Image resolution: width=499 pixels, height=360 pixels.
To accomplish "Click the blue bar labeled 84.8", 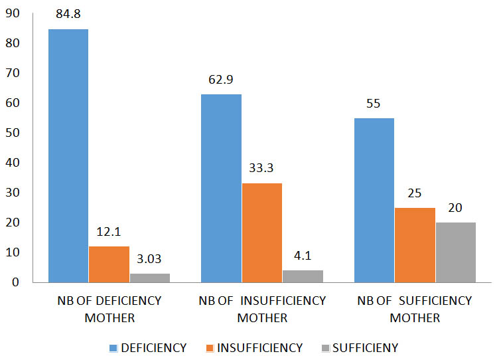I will (x=68, y=156).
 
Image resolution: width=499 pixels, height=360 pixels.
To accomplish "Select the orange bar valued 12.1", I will (x=109, y=264).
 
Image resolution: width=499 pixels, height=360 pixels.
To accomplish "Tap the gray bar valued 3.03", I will (x=150, y=278).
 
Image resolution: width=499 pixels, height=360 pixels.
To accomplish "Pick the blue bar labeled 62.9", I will (x=221, y=189).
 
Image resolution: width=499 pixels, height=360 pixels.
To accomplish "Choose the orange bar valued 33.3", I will (x=262, y=232).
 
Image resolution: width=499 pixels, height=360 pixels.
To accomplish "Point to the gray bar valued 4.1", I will (x=303, y=276).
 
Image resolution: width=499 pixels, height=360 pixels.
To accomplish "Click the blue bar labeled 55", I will (x=374, y=200).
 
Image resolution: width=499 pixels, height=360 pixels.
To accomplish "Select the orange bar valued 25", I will (x=415, y=245).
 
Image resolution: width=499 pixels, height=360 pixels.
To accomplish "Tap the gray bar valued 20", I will (x=455, y=252).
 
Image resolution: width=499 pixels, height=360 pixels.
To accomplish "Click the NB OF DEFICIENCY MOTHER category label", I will (x=109, y=309).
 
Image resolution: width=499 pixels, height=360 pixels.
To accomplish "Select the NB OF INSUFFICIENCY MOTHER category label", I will (x=262, y=309).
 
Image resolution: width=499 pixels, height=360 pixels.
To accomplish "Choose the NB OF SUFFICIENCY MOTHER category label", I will (x=415, y=309).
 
